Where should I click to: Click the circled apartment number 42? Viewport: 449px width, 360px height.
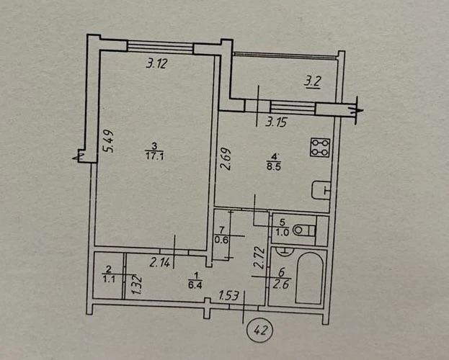click(x=259, y=330)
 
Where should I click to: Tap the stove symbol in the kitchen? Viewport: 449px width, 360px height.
click(x=320, y=148)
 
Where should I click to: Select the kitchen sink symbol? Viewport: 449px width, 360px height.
click(x=321, y=190)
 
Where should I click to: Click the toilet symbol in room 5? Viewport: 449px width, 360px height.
click(x=305, y=230)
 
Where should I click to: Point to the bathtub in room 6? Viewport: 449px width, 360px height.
click(x=310, y=278)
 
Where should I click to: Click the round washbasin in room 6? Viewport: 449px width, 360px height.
click(x=285, y=250)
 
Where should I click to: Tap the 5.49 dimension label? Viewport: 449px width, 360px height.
click(x=108, y=141)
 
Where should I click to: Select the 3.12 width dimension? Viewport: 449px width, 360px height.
click(x=156, y=63)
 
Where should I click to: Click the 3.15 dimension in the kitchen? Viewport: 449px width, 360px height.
click(x=276, y=122)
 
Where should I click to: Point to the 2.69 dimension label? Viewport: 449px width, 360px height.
click(x=226, y=159)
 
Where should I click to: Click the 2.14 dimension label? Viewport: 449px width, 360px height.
click(x=159, y=262)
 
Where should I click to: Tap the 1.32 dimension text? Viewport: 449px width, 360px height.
click(x=137, y=284)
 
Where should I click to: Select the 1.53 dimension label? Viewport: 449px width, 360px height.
click(x=228, y=295)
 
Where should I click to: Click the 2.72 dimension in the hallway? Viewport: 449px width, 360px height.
click(x=259, y=258)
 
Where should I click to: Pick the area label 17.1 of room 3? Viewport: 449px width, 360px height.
click(x=154, y=157)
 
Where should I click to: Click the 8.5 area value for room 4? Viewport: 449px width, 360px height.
click(x=274, y=167)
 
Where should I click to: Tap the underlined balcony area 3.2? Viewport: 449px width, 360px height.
click(x=312, y=82)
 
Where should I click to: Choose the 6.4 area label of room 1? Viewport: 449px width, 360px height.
click(x=195, y=285)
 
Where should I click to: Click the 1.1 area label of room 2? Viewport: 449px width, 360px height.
click(x=109, y=279)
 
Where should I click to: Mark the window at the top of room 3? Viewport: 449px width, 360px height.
click(x=160, y=47)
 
